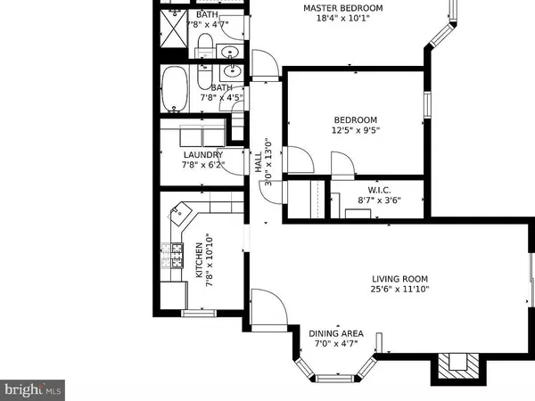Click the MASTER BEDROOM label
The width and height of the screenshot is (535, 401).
342,9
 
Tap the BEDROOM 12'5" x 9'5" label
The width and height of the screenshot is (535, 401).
355,120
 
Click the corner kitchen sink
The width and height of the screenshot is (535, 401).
180,214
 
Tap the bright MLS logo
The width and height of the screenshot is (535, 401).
32,389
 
